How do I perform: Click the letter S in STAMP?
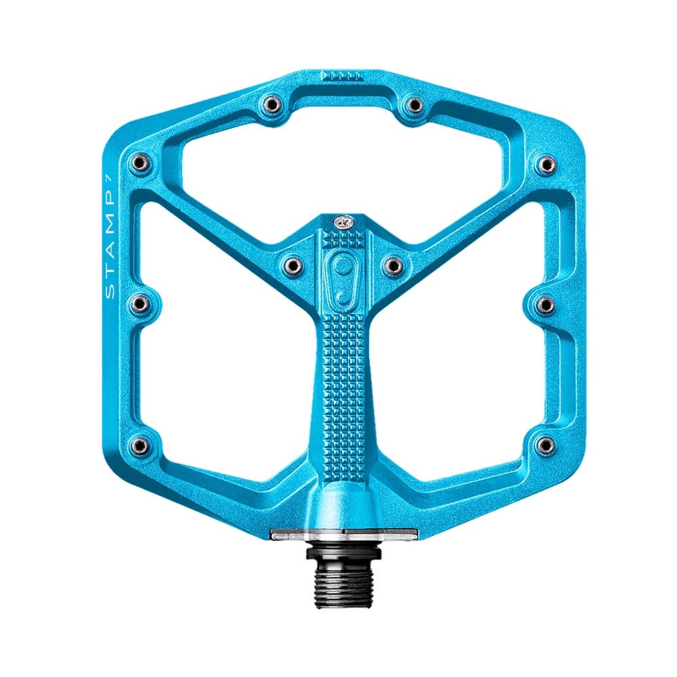(x=110, y=291)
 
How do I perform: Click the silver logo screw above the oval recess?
(x=344, y=222)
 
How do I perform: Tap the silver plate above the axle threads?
(x=344, y=535)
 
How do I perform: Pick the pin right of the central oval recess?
(x=393, y=265)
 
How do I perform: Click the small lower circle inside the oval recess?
(x=343, y=297)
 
